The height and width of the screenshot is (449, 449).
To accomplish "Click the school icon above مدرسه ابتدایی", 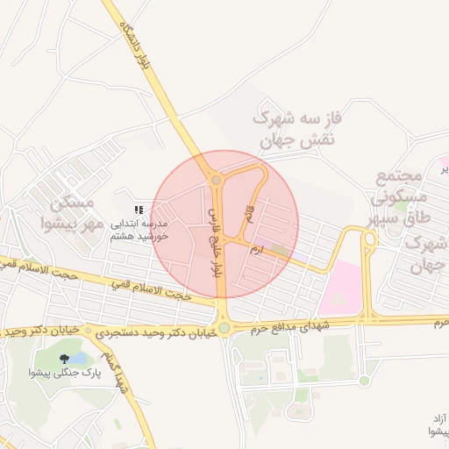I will [x=138, y=209].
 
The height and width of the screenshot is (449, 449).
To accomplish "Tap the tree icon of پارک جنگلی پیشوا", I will [x=65, y=358].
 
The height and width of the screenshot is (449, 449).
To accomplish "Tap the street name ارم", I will [x=255, y=250].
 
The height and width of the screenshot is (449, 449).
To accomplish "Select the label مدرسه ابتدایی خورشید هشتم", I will [x=140, y=230].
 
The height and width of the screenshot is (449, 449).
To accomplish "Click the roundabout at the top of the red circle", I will [x=216, y=181].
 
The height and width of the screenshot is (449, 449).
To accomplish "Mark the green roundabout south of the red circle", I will [x=224, y=328].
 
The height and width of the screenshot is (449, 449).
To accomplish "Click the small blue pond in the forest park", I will [x=77, y=359].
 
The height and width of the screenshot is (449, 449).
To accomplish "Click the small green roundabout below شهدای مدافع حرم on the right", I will [x=364, y=380].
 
